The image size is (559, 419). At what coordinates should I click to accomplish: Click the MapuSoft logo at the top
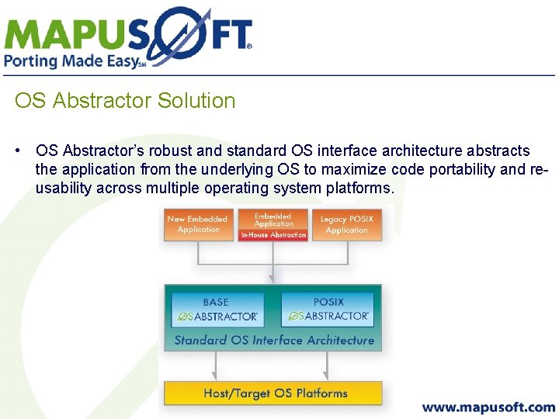pyautogui.click(x=128, y=35)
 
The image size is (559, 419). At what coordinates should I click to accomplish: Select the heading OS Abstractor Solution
pyautogui.click(x=124, y=101)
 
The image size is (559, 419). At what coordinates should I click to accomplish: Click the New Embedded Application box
pyautogui.click(x=198, y=224)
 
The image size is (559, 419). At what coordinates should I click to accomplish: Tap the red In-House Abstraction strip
pyautogui.click(x=273, y=234)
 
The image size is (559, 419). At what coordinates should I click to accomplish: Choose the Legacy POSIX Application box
pyautogui.click(x=346, y=224)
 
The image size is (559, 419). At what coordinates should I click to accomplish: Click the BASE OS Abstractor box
pyautogui.click(x=217, y=310)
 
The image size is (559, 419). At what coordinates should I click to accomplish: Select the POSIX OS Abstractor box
pyautogui.click(x=328, y=310)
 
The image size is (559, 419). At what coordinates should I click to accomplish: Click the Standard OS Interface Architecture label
pyautogui.click(x=273, y=340)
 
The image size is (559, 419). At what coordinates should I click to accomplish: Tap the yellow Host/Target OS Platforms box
pyautogui.click(x=273, y=393)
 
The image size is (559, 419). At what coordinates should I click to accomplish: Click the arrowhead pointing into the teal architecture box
pyautogui.click(x=273, y=279)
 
